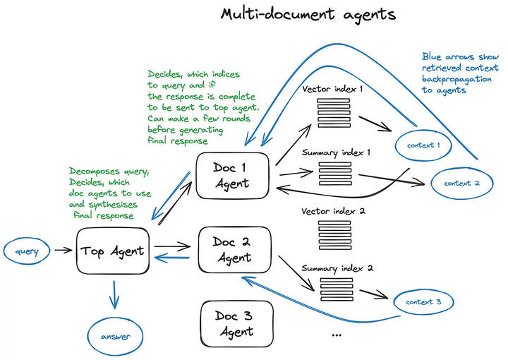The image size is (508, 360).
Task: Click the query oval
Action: (x=29, y=251)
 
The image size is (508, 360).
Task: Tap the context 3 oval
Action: (x=424, y=303)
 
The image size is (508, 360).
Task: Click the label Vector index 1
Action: (x=332, y=90)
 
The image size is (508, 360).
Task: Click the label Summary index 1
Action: (x=337, y=152)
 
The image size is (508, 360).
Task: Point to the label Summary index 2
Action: (x=337, y=268)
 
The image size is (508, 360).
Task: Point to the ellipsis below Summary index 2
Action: (x=336, y=332)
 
